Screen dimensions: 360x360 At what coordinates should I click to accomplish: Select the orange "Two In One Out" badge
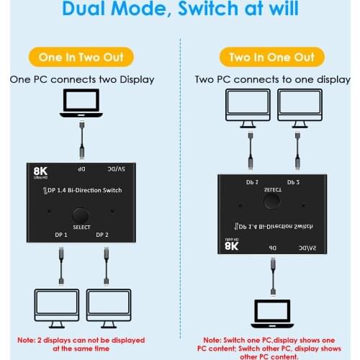(x=272, y=58)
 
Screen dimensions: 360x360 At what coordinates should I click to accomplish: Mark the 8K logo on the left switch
(x=41, y=173)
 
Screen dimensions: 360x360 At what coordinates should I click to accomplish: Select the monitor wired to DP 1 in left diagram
(x=58, y=307)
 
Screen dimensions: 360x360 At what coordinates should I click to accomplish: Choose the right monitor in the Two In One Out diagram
(x=298, y=107)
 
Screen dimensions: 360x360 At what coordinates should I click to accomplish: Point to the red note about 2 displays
(x=81, y=344)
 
